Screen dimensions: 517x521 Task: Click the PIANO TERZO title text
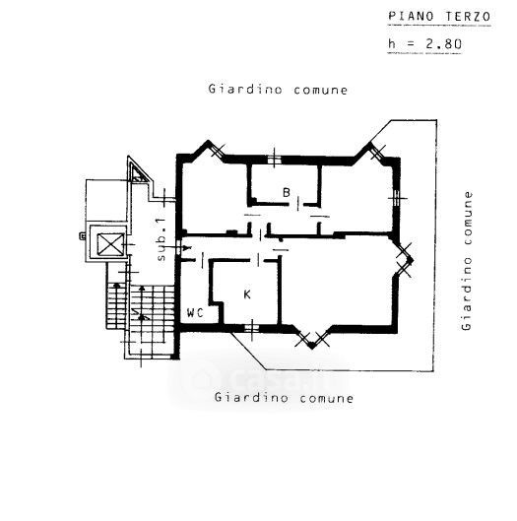[x=439, y=17]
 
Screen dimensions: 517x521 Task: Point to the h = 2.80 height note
[x=424, y=44]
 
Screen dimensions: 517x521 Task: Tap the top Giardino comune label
[x=278, y=90]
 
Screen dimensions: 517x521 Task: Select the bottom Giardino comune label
[x=284, y=397]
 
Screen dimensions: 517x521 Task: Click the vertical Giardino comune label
[x=467, y=261]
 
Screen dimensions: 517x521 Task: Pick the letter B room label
[x=287, y=192]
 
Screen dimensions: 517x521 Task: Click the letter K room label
[x=247, y=294]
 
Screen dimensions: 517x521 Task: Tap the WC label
[x=195, y=312]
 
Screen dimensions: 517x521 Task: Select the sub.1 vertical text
[x=161, y=239]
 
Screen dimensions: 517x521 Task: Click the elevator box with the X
[x=110, y=244]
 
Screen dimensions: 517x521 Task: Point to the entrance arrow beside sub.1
[x=178, y=247]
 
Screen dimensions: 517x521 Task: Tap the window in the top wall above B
[x=274, y=160]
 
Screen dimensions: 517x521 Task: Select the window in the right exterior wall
[x=396, y=198]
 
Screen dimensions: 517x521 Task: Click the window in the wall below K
[x=251, y=329]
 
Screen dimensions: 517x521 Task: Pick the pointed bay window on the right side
[x=406, y=260]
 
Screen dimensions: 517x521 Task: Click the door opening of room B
[x=298, y=204]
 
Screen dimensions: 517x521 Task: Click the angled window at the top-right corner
[x=378, y=153]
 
